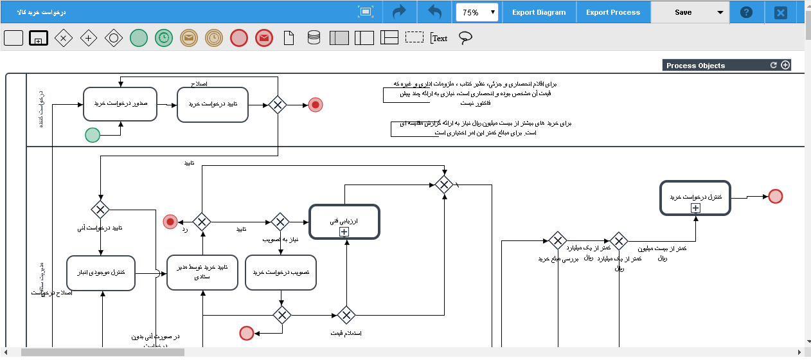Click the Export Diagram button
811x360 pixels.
[539, 12]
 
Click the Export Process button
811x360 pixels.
[612, 12]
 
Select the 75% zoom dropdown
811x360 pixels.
[477, 12]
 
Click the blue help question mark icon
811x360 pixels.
[746, 12]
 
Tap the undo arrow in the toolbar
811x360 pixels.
[434, 12]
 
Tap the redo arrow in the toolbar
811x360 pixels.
[400, 12]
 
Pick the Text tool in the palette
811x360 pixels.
[439, 38]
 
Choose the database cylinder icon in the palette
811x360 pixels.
[314, 38]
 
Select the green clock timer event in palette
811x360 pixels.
[164, 38]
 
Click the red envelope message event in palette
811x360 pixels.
[263, 38]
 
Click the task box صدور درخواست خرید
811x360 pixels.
[120, 104]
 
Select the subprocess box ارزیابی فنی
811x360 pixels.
[344, 222]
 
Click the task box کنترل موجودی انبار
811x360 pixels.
[101, 273]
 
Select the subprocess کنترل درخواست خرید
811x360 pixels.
[695, 197]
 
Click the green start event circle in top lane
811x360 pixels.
[93, 135]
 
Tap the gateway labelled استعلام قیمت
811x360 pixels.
[346, 315]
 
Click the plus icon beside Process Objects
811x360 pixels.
[785, 66]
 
